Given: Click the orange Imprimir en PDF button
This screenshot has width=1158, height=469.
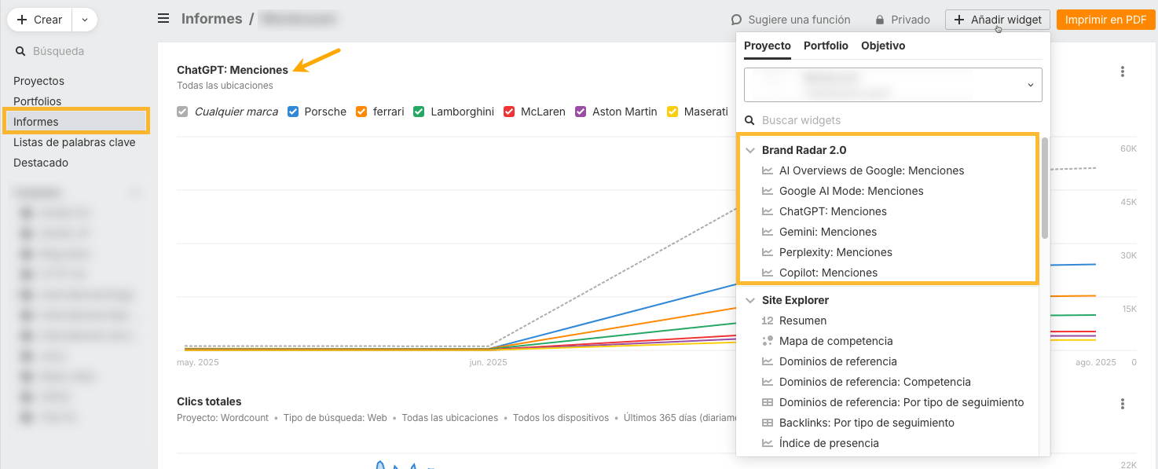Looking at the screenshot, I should (x=1105, y=20).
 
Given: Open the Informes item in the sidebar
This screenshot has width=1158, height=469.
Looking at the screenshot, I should (x=36, y=122).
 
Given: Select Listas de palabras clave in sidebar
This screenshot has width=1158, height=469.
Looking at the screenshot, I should (x=74, y=142).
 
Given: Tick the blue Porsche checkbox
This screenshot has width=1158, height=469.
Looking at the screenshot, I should (x=293, y=112).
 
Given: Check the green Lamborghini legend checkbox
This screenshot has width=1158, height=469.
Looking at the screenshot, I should (x=420, y=112).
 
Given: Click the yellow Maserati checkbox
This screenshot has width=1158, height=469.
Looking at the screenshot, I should (x=672, y=112).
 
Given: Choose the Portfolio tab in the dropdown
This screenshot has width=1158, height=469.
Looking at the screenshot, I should (x=826, y=46).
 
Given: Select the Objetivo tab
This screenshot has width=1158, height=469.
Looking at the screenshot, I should (x=883, y=46).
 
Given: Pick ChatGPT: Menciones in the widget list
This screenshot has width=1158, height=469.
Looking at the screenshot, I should (x=833, y=211).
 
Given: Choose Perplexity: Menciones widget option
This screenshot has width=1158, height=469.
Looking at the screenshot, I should (x=835, y=252).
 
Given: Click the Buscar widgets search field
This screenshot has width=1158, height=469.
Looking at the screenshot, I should (x=896, y=120).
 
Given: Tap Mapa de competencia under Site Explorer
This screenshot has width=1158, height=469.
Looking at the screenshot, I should (x=836, y=341).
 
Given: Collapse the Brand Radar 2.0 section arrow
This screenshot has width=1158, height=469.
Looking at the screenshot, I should (x=750, y=150).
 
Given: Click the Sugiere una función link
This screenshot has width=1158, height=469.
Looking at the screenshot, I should (x=791, y=20).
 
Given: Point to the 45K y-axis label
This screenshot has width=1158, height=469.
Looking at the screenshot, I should (x=1128, y=202).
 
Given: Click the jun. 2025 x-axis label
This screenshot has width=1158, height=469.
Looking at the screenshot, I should (x=488, y=362).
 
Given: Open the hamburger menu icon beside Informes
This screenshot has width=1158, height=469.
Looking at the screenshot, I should (x=163, y=18).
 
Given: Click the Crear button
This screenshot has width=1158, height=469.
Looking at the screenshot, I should (x=40, y=20).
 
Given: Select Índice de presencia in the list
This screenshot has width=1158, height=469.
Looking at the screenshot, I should (x=829, y=443).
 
